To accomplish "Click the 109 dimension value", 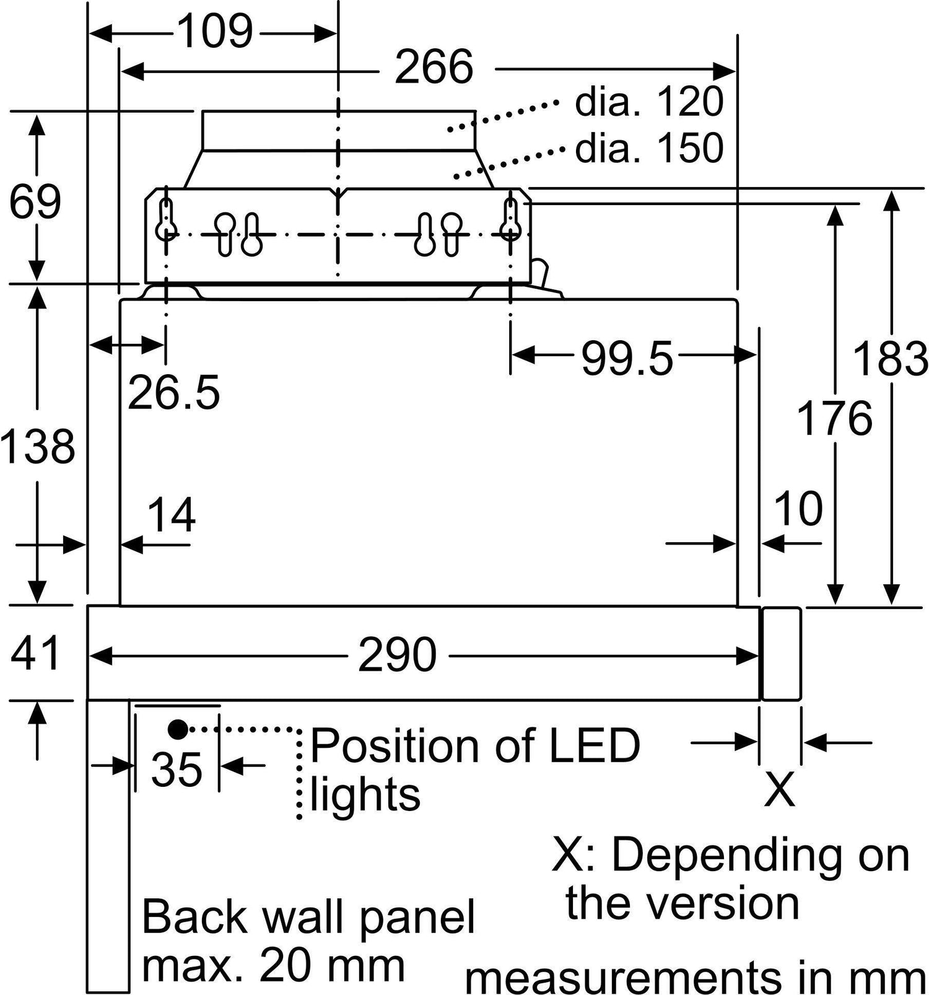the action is [x=216, y=32].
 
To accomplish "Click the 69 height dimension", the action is [x=35, y=201].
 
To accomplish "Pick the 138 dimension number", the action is [x=38, y=446].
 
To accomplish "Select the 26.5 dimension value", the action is [x=174, y=392].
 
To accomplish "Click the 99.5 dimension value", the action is [x=627, y=359].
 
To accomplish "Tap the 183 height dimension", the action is [x=891, y=359].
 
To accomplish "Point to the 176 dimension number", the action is [x=834, y=418].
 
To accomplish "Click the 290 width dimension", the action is [x=397, y=655].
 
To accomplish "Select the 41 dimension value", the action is [x=35, y=653].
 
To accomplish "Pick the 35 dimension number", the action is [x=177, y=769].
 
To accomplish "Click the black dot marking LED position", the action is [x=178, y=730].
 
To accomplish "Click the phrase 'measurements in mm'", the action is [x=696, y=977].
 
